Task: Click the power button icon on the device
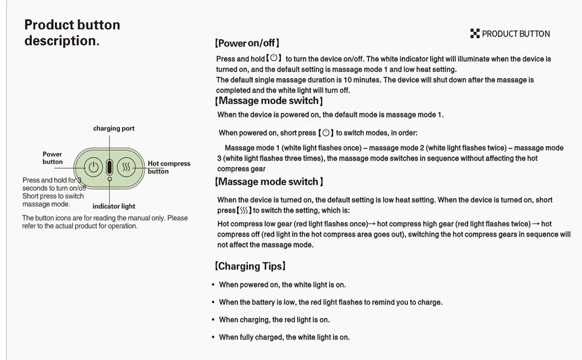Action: click(93, 167)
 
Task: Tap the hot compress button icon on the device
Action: click(125, 167)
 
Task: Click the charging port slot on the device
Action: click(109, 166)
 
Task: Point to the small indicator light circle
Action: click(109, 179)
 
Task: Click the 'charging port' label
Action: click(113, 128)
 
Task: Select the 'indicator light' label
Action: click(113, 206)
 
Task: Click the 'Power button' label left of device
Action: click(52, 158)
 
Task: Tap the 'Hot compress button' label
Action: click(169, 167)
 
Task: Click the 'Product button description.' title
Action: click(72, 32)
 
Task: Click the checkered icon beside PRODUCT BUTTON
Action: click(475, 34)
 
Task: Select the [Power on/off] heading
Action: click(247, 43)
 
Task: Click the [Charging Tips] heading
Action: click(250, 266)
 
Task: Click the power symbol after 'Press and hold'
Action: click(274, 58)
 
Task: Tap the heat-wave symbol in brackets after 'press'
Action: click(243, 211)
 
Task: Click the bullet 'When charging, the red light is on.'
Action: click(274, 320)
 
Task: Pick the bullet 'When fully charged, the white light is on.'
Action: click(284, 337)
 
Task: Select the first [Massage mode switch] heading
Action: click(269, 101)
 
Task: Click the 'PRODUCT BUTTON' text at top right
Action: click(515, 34)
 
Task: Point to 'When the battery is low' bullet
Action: click(330, 302)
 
